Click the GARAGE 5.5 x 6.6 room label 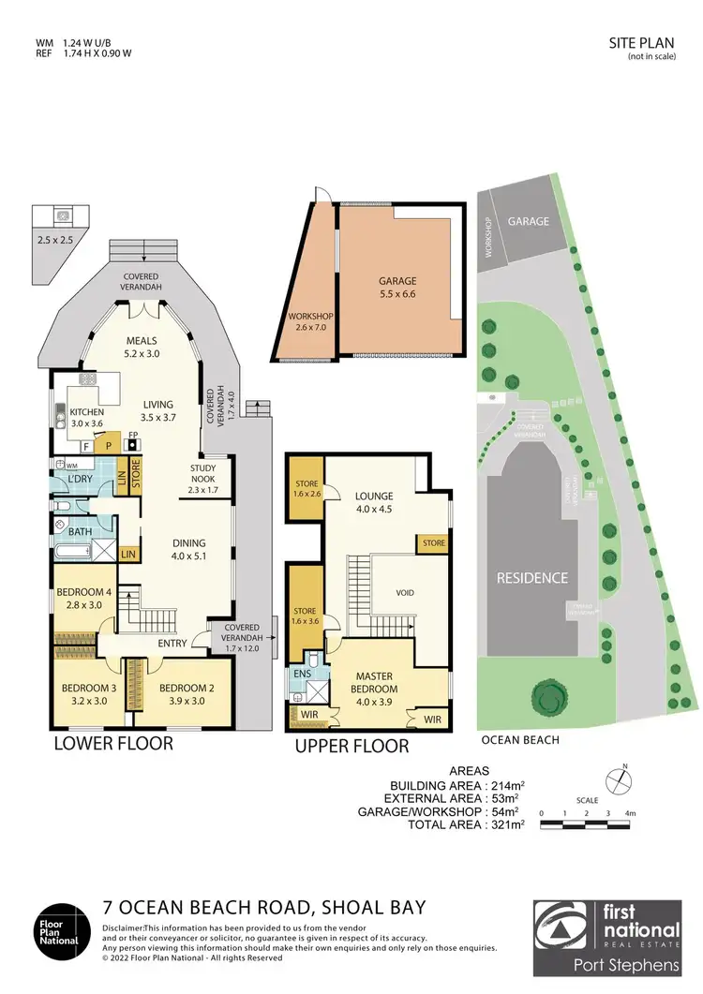point(397,288)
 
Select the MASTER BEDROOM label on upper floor point(379,682)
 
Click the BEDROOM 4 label point(84,598)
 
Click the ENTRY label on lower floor point(172,643)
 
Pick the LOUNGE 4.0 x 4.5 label point(373,503)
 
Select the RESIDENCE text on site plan point(532,578)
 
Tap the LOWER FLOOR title point(112,744)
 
